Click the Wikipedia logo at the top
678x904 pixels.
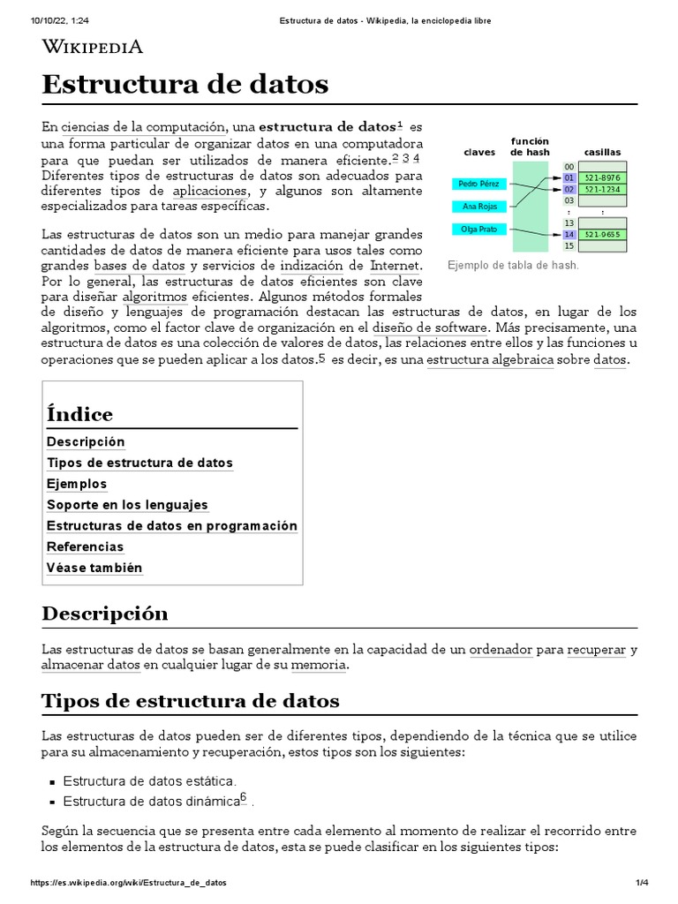click(x=93, y=47)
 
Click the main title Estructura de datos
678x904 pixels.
click(x=185, y=85)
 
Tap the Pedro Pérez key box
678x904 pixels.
click(x=479, y=184)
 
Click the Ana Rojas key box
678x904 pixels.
click(x=479, y=207)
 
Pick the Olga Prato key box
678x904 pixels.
click(x=479, y=230)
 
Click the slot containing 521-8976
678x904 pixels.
click(x=602, y=177)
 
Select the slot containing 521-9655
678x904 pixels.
click(x=602, y=235)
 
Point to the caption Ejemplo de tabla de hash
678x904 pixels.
click(x=513, y=265)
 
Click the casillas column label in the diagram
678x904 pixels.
click(x=602, y=152)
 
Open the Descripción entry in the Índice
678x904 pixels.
click(x=86, y=441)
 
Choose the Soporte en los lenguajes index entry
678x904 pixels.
click(x=127, y=505)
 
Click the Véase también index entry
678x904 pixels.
click(x=94, y=568)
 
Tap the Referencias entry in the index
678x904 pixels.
click(x=86, y=546)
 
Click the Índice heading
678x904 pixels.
click(x=79, y=414)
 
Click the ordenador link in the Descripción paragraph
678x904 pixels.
click(x=501, y=649)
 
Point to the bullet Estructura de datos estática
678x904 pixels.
click(x=149, y=781)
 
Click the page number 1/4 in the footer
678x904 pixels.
click(x=643, y=883)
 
